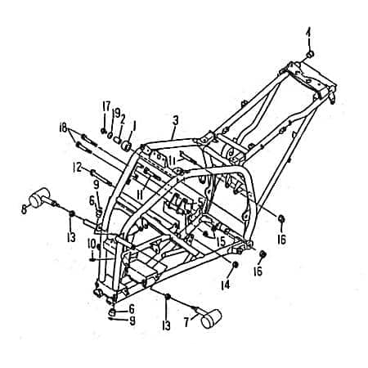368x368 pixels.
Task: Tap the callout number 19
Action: pos(115,112)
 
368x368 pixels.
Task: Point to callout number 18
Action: pos(65,128)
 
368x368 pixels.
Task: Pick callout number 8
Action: pos(24,210)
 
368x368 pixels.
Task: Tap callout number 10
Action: pos(92,243)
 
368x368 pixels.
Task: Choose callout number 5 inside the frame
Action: pos(201,201)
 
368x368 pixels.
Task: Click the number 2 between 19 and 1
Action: pos(123,118)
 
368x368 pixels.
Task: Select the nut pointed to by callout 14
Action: pos(236,266)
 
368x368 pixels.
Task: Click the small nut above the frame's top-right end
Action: pos(310,54)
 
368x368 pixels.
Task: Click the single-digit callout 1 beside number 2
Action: pos(135,125)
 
